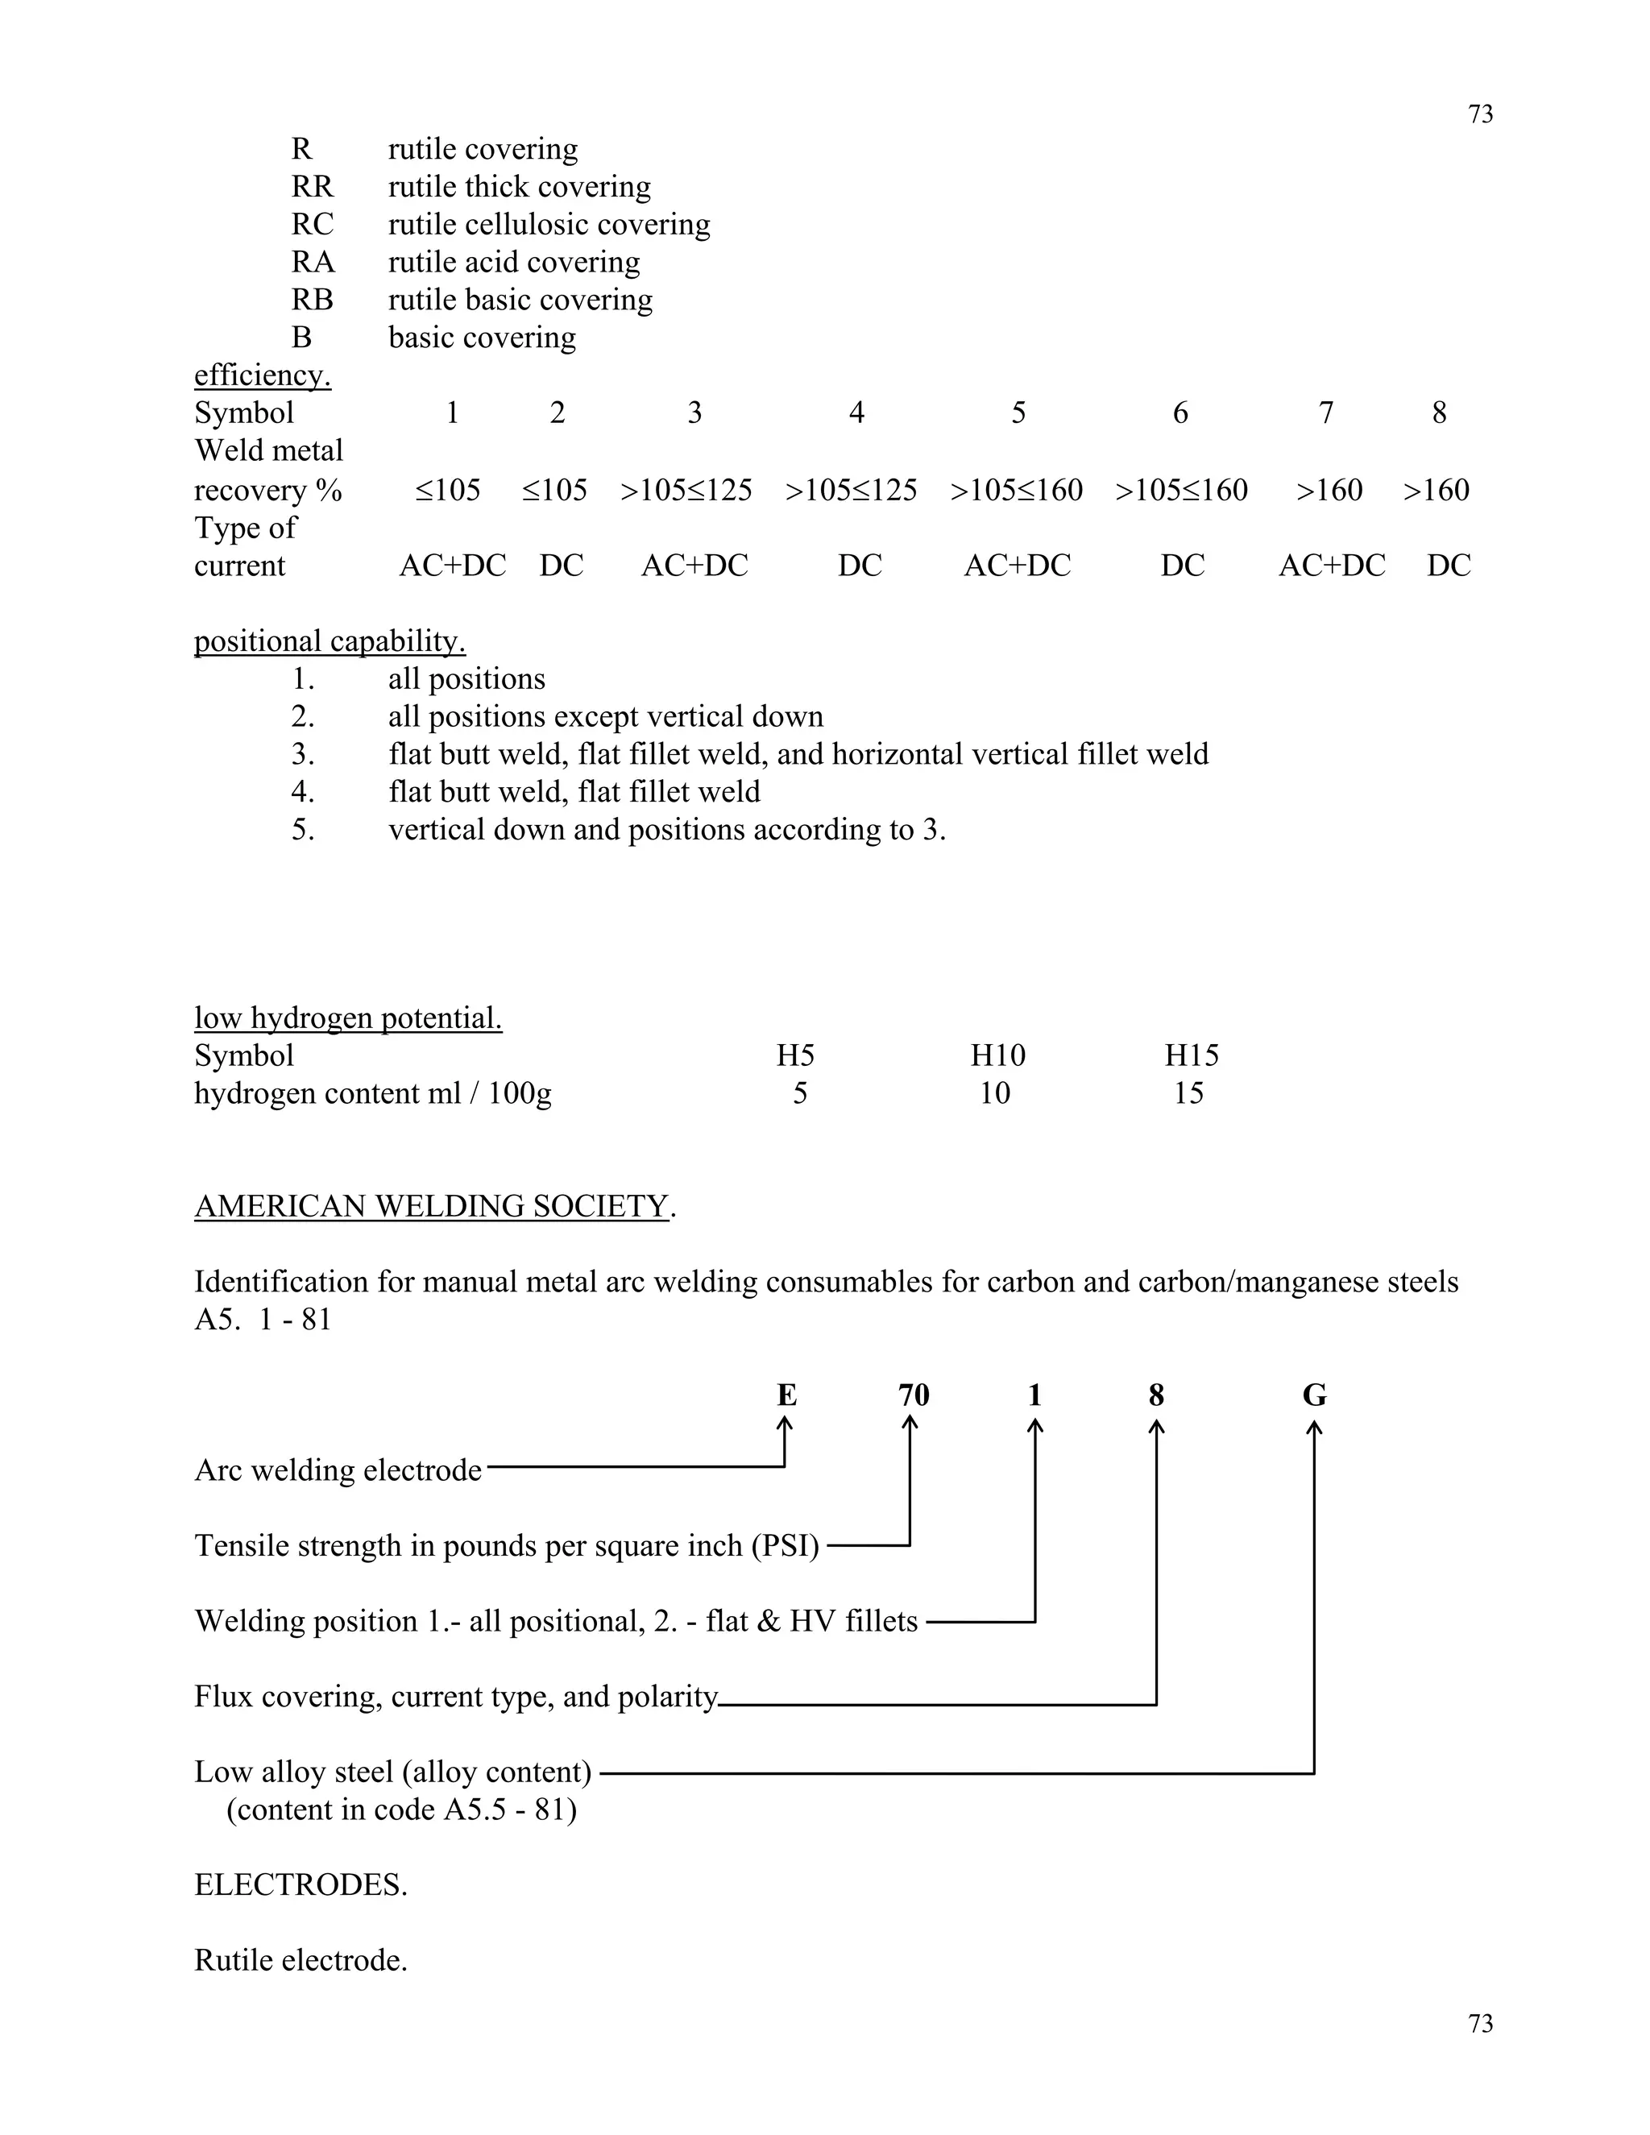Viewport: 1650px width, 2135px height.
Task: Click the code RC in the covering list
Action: pos(312,225)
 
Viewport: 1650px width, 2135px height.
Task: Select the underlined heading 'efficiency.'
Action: pos(262,375)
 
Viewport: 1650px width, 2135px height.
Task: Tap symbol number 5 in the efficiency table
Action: pos(1018,413)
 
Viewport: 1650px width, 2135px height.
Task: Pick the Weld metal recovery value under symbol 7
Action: pos(1329,491)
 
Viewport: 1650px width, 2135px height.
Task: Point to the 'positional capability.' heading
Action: pos(330,641)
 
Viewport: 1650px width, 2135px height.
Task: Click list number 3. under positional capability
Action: pos(303,755)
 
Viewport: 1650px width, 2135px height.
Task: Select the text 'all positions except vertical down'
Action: pos(605,716)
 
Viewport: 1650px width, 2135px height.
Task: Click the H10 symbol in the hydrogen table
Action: pos(997,1055)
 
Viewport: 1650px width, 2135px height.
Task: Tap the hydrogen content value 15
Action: pos(1188,1094)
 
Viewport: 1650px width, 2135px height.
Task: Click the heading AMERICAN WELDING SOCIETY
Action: pos(431,1206)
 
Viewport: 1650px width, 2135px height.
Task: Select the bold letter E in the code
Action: pos(786,1395)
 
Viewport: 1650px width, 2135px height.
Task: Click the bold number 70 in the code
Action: pos(913,1395)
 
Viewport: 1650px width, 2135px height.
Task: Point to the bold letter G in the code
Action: pos(1314,1395)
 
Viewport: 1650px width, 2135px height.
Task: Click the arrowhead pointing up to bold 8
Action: pos(1156,1428)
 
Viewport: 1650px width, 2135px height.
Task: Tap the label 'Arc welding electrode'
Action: pos(338,1470)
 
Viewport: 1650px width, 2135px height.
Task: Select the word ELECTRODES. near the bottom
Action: pos(300,1884)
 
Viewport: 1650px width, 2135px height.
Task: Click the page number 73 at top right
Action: pos(1480,115)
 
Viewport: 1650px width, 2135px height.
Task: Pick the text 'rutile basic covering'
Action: pos(520,301)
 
